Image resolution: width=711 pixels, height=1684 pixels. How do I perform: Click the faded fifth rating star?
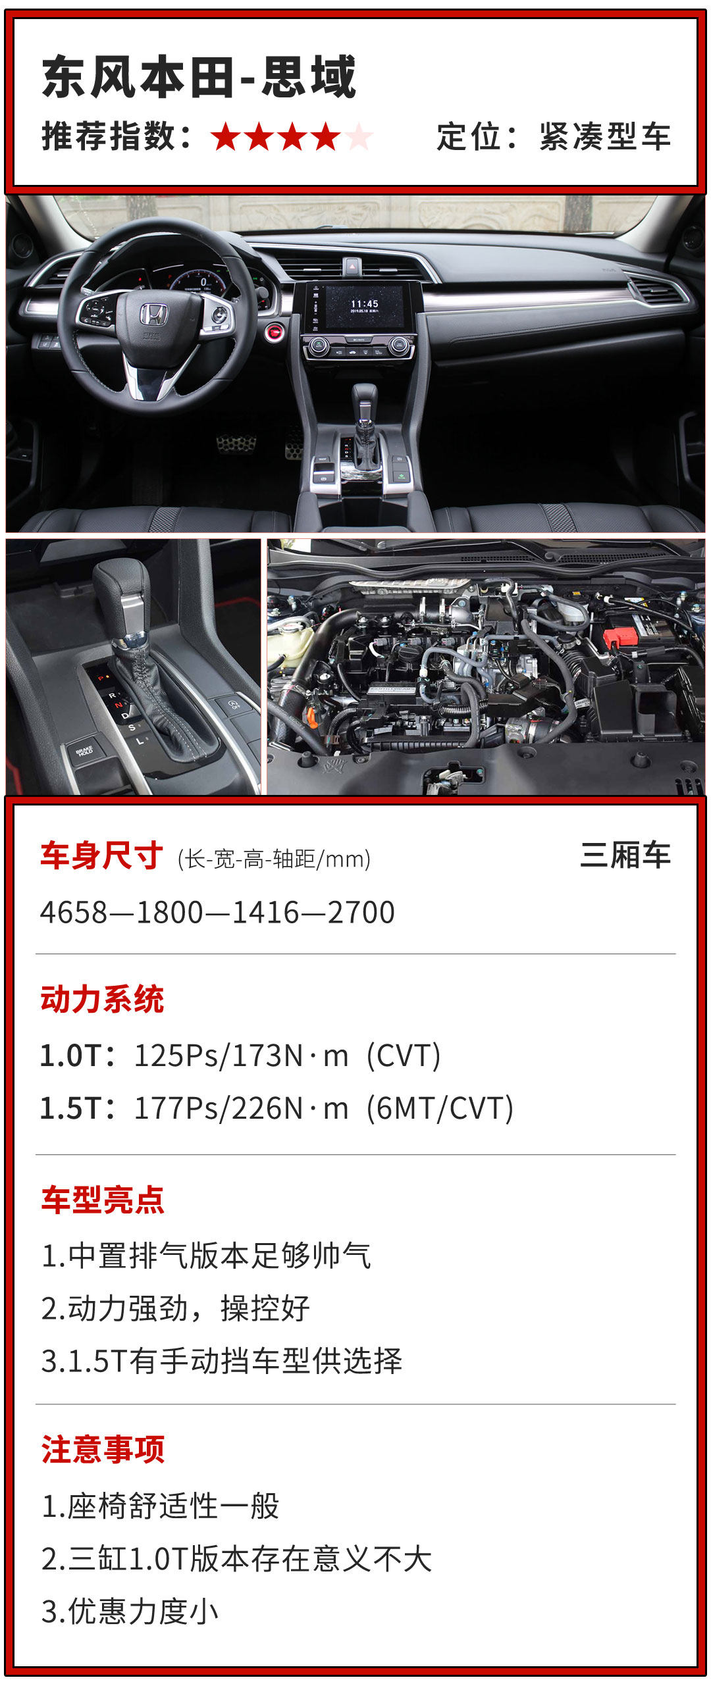358,138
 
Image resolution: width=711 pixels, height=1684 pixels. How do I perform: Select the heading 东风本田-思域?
199,77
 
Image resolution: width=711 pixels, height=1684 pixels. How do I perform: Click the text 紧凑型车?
605,137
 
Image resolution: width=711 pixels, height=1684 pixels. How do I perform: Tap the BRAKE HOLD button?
84,751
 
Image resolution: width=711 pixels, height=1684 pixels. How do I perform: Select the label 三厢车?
625,855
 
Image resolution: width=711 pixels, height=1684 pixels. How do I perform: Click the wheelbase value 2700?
361,913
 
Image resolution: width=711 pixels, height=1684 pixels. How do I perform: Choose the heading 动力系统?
102,999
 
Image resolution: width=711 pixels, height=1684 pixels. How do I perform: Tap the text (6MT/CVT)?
440,1109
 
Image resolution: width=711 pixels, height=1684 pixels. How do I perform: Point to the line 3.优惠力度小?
130,1612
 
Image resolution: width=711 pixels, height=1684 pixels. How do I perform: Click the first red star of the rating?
226,138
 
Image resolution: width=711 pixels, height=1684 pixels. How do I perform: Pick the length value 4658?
74,913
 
